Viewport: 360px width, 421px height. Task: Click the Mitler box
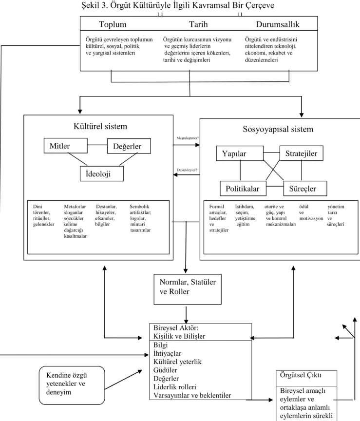point(65,146)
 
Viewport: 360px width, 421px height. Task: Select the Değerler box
point(129,146)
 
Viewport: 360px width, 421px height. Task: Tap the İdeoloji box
point(102,174)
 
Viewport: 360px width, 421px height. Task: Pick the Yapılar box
point(240,153)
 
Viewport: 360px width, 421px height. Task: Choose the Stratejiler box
point(301,153)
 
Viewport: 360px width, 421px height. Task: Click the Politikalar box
point(243,189)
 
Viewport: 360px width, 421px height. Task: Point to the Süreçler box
point(305,189)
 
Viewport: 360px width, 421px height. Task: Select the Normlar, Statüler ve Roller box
point(188,289)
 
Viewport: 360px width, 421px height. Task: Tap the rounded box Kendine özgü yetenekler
point(72,385)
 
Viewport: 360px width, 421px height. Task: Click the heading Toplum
point(113,24)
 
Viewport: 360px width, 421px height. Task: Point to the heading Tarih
point(198,24)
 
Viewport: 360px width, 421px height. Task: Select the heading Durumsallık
point(278,24)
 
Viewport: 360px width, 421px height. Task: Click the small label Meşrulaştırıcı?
point(188,138)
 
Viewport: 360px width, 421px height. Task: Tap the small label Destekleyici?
point(187,170)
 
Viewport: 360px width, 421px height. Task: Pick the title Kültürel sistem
point(100,126)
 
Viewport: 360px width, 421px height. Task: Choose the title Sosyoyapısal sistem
point(278,129)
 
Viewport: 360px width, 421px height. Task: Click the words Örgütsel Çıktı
point(301,375)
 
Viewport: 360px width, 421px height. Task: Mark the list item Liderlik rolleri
point(175,387)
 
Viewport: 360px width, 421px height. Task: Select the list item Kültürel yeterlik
point(177,362)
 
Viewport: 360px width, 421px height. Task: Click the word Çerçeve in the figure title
point(260,5)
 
